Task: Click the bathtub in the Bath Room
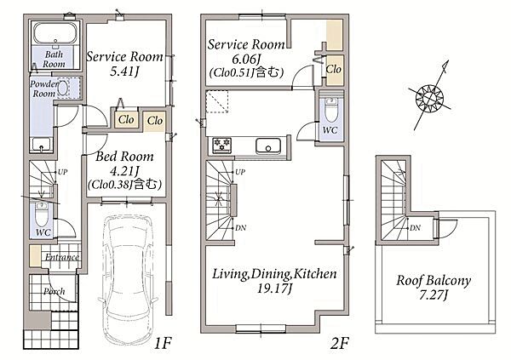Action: (x=55, y=33)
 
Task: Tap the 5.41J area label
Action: (x=124, y=71)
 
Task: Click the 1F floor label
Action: (x=163, y=343)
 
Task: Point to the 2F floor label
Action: (x=340, y=343)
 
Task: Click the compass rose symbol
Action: (x=430, y=97)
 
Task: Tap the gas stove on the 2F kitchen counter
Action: (x=222, y=145)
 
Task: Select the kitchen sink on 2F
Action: (x=268, y=146)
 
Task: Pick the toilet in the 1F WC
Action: (x=42, y=214)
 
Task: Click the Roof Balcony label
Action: (x=433, y=281)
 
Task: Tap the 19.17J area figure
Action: (x=276, y=289)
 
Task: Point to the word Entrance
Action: (x=62, y=257)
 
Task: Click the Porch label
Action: (x=55, y=291)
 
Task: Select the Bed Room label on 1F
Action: (x=124, y=157)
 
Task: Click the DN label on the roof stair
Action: (x=415, y=228)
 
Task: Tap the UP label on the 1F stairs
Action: (x=62, y=172)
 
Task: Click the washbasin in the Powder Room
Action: (x=63, y=88)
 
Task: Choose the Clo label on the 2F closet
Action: (x=333, y=69)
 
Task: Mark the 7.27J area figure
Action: (x=434, y=295)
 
